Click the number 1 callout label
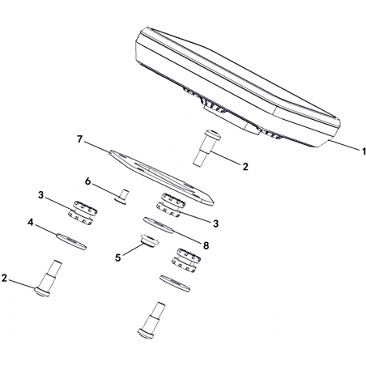click(363, 151)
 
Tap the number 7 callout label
click(79, 139)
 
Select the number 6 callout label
click(87, 181)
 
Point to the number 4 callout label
click(31, 223)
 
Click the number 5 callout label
click(117, 257)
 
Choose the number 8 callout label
click(206, 245)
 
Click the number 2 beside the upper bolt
click(245, 167)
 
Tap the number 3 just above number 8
click(215, 223)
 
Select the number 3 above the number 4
click(40, 195)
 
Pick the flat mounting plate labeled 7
click(162, 177)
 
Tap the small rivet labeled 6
click(121, 197)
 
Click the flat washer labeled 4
click(71, 242)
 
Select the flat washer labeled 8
click(158, 225)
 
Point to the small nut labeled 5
click(149, 240)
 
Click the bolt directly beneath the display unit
click(206, 148)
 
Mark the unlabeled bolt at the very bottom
click(152, 320)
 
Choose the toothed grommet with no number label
click(186, 261)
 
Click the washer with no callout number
click(175, 283)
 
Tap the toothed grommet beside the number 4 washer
click(83, 213)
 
